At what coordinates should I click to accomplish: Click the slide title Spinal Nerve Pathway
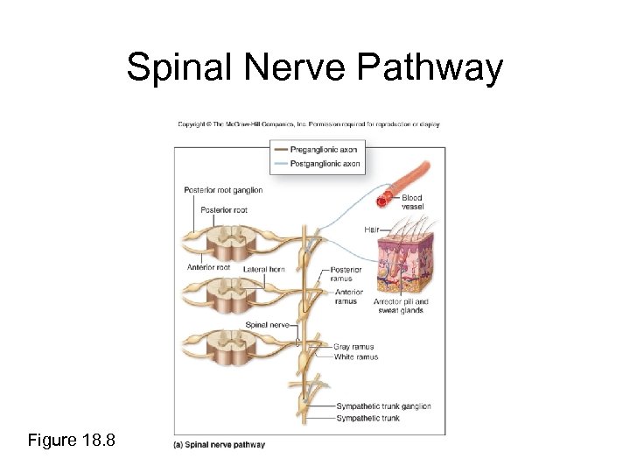[315, 68]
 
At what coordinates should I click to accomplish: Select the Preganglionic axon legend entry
[325, 150]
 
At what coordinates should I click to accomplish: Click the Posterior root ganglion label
[223, 190]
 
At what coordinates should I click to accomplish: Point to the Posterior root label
[224, 209]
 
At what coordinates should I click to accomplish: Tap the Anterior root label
[208, 267]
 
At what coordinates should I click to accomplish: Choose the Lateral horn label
[263, 269]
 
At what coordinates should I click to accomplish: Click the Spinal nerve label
[268, 324]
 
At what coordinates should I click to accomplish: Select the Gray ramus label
[353, 347]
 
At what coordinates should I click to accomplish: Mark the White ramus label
[355, 357]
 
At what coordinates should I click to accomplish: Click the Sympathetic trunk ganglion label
[383, 406]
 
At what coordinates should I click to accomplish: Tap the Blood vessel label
[412, 202]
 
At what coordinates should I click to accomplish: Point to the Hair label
[372, 229]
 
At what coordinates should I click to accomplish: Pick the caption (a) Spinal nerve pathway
[220, 445]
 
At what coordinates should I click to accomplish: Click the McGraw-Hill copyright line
[309, 124]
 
